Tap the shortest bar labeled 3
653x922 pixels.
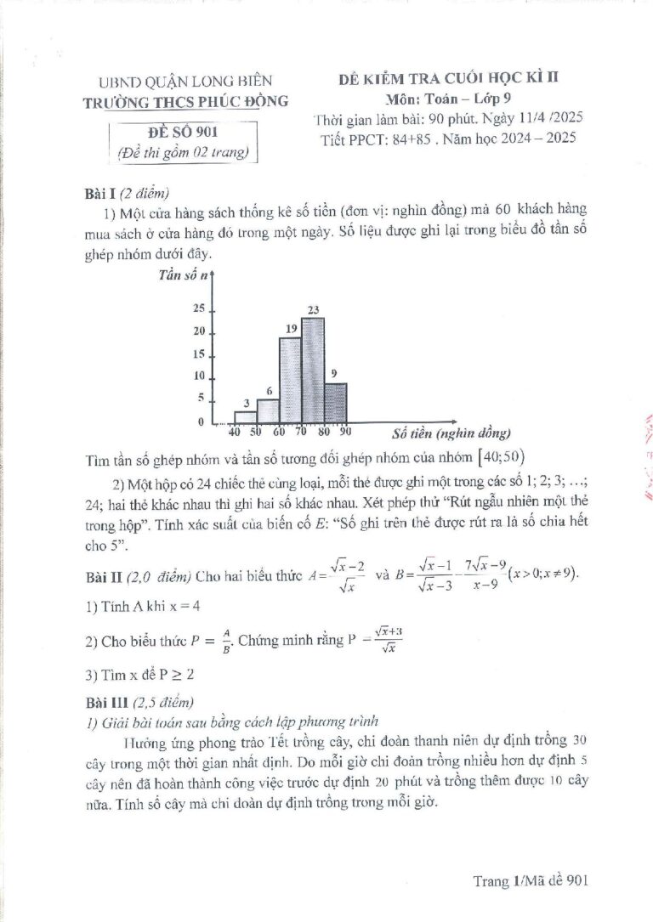(246, 416)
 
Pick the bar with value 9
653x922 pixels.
(335, 403)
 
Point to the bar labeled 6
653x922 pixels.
(268, 410)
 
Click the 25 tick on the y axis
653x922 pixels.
(199, 308)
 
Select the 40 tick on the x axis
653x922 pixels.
(236, 433)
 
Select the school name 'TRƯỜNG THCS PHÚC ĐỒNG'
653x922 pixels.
(192, 101)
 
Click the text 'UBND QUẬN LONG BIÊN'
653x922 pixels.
(186, 81)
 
